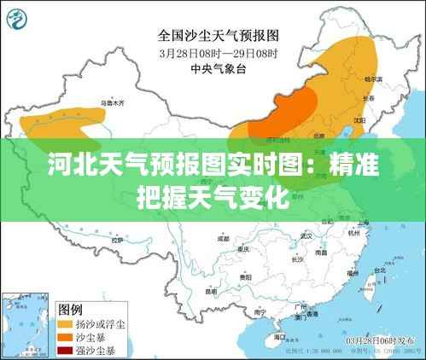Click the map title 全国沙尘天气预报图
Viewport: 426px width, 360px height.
219,36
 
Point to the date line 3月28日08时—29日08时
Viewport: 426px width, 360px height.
219,52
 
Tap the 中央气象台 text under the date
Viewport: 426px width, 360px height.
219,67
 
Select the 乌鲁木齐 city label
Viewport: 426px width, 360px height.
113,103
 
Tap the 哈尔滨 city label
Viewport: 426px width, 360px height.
373,78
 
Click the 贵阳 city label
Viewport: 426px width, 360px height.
245,277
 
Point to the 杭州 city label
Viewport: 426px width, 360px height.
353,232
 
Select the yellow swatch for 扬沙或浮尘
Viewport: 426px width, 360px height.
64,324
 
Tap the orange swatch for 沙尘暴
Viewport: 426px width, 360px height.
64,337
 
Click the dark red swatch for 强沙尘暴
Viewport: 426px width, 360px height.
64,350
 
